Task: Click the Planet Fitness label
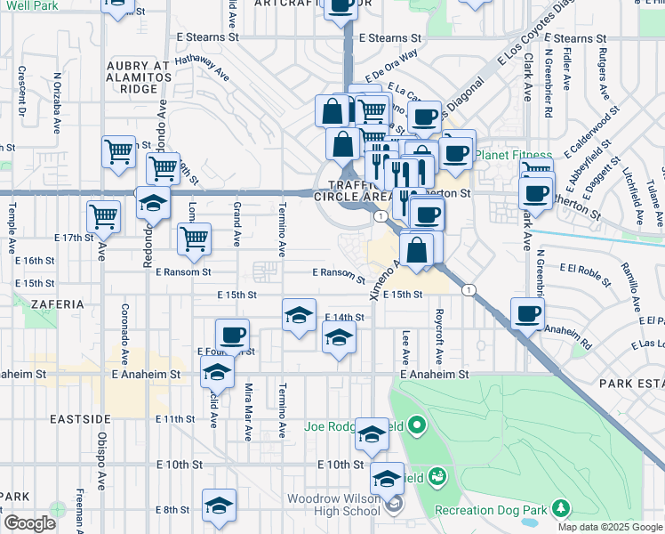coord(514,155)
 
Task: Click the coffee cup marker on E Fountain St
coord(233,335)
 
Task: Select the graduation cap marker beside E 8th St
coord(219,505)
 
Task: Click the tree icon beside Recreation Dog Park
coord(561,508)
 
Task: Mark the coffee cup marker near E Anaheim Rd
coord(528,312)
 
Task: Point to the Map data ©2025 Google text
coord(609,527)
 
